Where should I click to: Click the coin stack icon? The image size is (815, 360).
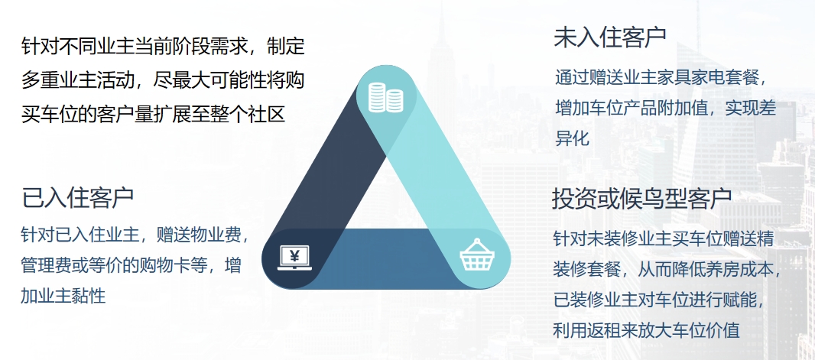tap(385, 97)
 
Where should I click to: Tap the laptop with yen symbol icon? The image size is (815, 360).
tap(294, 258)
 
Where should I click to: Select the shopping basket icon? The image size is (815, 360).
tap(477, 255)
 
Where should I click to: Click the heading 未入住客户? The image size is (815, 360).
tap(610, 37)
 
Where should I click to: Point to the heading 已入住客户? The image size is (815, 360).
tap(77, 197)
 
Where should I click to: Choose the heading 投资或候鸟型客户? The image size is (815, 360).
tap(642, 197)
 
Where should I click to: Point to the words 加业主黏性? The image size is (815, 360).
tap(63, 295)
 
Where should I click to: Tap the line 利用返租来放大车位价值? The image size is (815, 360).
tap(646, 330)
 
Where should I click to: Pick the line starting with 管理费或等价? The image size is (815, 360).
tap(131, 265)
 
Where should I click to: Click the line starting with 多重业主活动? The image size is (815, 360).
tap(163, 80)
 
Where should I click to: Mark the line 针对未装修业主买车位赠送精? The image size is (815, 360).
tap(664, 239)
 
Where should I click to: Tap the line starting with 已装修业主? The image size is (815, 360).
tap(660, 300)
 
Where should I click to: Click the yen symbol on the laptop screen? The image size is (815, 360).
tap(294, 255)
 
